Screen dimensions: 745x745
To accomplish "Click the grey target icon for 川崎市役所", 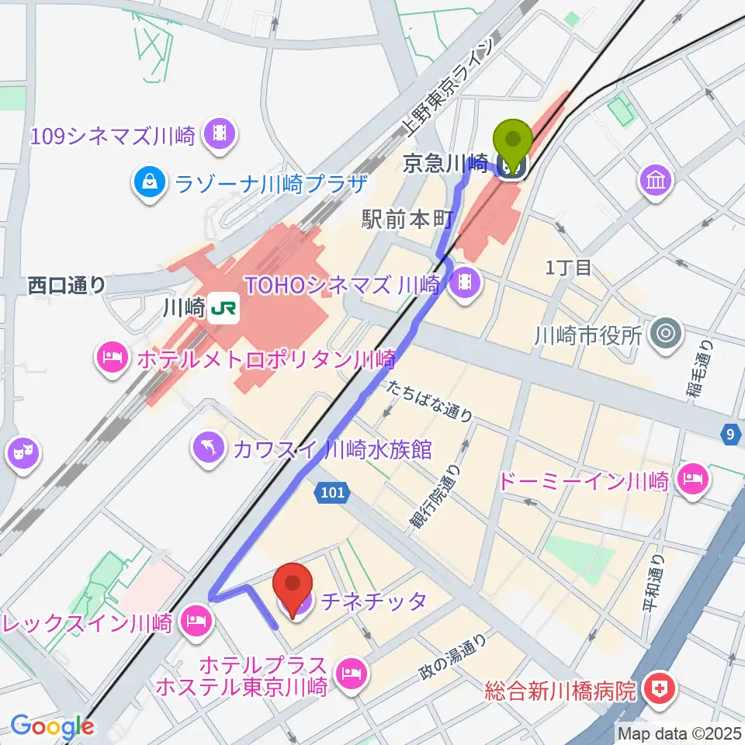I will (666, 335).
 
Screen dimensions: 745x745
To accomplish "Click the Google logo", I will (51, 726).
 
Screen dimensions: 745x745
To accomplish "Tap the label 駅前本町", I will (406, 220).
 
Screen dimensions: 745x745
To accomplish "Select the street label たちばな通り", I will (429, 401).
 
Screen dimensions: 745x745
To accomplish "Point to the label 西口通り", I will (67, 285).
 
